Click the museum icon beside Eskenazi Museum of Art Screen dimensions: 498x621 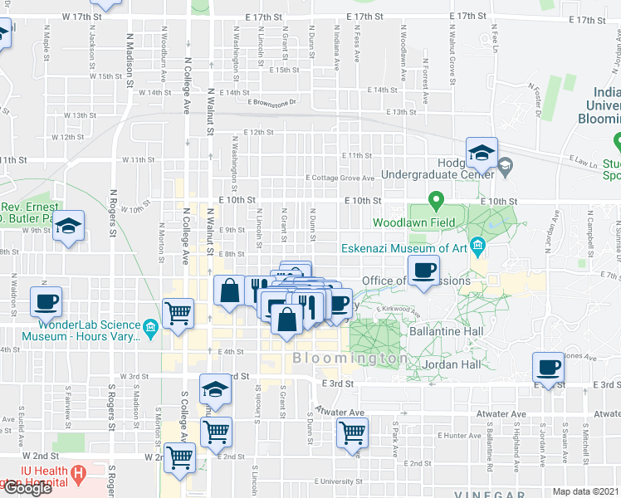(477, 246)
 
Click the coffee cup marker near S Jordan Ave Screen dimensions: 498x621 (547, 368)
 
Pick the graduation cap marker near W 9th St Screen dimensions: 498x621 (70, 226)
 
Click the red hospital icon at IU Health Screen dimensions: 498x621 (79, 475)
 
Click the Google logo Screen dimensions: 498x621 (27, 488)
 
